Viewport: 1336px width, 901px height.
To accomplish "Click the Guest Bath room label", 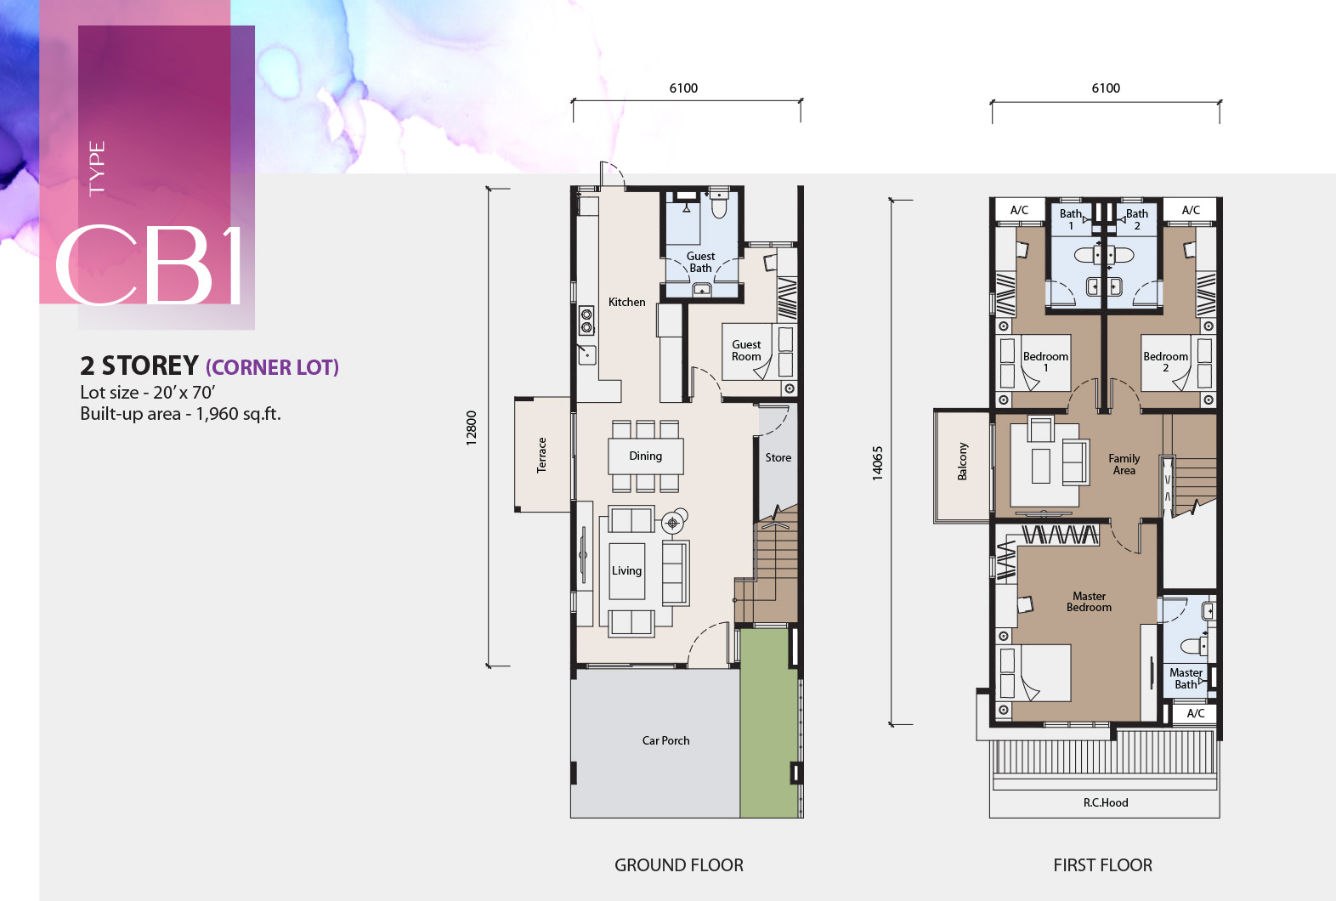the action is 700,262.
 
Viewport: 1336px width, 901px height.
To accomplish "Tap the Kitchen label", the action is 626,302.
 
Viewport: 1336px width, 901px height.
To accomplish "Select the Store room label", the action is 778,457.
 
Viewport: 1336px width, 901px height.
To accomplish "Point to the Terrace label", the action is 541,456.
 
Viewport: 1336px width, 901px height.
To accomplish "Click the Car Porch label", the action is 665,740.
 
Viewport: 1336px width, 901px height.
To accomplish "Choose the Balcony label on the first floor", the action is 962,462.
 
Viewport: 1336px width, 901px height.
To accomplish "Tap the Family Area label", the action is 1124,464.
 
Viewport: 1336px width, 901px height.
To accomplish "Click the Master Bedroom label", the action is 1089,602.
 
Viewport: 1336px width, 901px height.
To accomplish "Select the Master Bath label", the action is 1186,678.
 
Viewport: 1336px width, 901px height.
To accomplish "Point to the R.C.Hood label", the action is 1106,802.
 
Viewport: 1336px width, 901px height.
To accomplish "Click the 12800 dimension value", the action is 471,428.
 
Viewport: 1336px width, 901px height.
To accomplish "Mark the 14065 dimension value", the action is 877,463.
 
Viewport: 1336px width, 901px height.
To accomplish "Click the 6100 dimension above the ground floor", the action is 683,88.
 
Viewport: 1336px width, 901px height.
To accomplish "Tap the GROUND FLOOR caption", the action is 679,865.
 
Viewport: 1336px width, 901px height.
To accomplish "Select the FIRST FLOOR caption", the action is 1103,865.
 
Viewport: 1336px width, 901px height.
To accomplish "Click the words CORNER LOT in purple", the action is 272,367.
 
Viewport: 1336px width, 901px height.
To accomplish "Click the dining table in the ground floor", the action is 646,456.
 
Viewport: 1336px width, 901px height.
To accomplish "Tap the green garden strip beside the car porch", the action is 769,722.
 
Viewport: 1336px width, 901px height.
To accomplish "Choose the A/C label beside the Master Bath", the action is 1195,714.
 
